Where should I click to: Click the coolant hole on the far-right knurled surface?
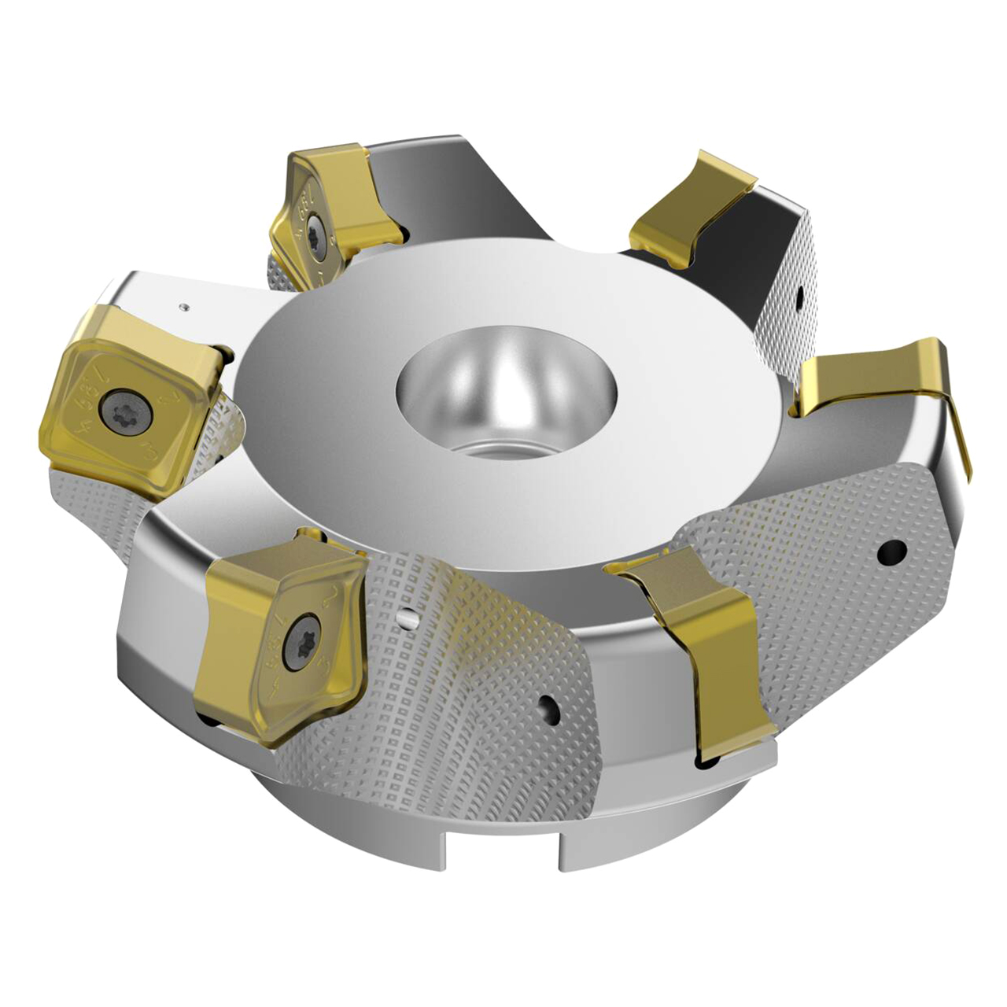pyautogui.click(x=891, y=551)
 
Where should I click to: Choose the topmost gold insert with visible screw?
pyautogui.click(x=330, y=205)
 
